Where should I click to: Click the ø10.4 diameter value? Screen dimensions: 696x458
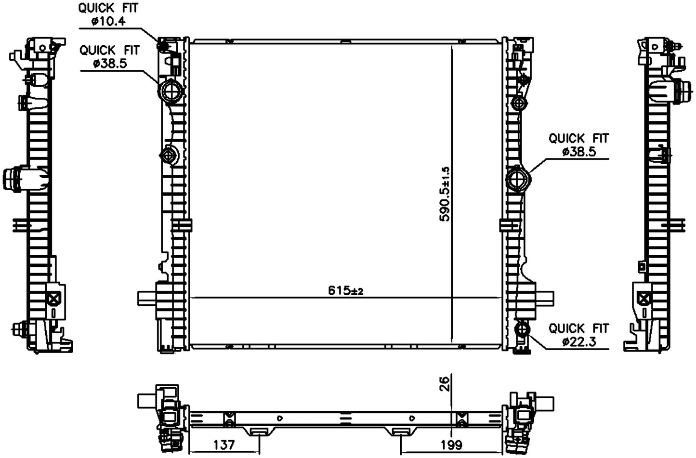point(108,22)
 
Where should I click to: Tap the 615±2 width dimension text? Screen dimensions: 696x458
point(345,291)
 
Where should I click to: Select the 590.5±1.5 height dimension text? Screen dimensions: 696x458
point(445,194)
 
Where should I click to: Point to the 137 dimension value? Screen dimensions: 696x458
point(223,445)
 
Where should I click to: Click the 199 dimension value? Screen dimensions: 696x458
point(451,445)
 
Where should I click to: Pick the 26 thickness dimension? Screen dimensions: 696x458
point(445,384)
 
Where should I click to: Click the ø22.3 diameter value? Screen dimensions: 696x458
point(579,342)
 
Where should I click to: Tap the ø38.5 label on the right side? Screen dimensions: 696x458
point(579,152)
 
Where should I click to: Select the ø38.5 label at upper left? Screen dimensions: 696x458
point(110,64)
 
